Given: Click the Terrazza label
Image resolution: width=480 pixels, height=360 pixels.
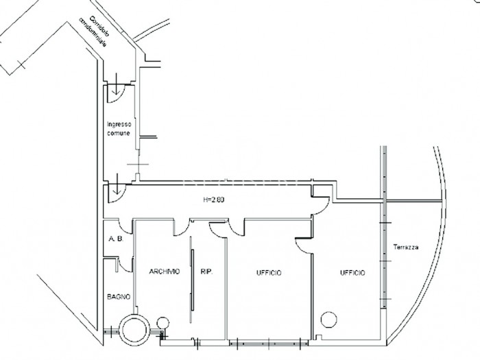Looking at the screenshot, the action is [x=406, y=247].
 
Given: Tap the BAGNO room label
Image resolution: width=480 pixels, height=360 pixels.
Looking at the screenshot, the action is [x=119, y=297].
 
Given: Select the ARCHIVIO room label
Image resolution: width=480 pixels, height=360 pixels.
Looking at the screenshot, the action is [x=165, y=272].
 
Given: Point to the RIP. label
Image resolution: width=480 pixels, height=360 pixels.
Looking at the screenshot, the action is [x=206, y=272].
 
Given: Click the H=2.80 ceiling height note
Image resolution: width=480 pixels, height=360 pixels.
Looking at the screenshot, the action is [x=214, y=200].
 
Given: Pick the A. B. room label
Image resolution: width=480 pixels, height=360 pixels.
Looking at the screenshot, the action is [x=116, y=239].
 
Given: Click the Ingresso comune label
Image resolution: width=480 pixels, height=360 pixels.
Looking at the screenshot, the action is [x=119, y=129].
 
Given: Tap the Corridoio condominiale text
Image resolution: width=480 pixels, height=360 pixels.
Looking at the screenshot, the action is [x=94, y=32].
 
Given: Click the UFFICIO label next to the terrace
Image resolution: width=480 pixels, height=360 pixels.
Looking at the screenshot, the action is [x=352, y=272].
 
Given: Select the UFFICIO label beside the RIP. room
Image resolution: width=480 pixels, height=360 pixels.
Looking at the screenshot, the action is [x=269, y=273].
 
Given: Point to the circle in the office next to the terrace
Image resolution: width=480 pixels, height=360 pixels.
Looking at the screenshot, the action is [x=328, y=320].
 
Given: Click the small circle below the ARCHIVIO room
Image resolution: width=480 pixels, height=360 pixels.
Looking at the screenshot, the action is [x=163, y=323].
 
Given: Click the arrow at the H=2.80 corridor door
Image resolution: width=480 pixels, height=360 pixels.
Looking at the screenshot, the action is [x=116, y=184].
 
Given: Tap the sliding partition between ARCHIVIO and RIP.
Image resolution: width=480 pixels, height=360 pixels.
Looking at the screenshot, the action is [x=191, y=280].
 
